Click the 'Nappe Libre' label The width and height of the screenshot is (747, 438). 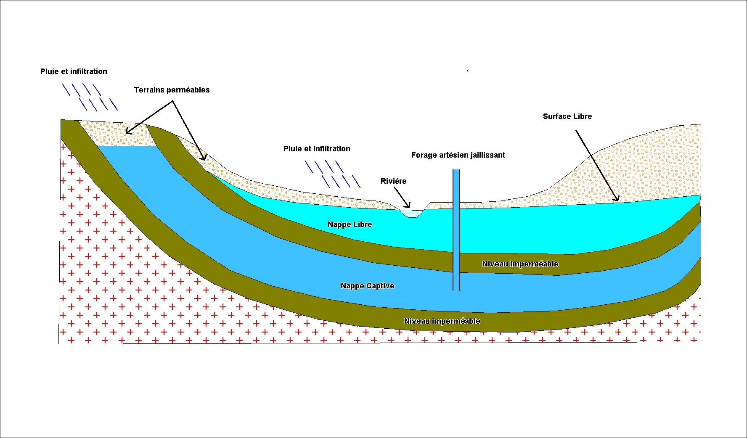click(x=350, y=224)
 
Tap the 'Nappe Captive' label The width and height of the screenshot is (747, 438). click(x=367, y=286)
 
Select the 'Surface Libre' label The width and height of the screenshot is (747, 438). click(x=567, y=116)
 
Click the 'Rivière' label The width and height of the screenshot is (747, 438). click(x=393, y=181)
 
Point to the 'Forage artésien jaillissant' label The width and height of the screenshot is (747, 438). click(x=458, y=155)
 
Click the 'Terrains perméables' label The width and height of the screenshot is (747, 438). click(x=172, y=90)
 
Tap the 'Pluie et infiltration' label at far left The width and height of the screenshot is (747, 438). click(x=74, y=71)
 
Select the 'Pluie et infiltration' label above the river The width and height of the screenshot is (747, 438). click(x=317, y=149)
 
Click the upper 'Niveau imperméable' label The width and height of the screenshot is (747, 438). click(x=520, y=264)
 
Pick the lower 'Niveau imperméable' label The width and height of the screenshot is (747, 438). click(x=442, y=321)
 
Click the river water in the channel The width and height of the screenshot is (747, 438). click(x=411, y=214)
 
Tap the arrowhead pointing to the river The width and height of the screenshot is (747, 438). click(x=408, y=206)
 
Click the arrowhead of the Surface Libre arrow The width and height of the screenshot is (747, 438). click(x=617, y=199)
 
